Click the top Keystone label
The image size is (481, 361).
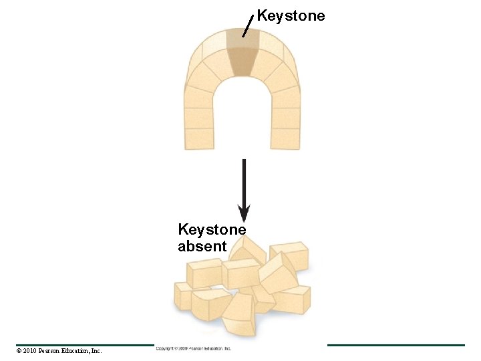tap(291, 15)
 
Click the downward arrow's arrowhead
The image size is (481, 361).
tap(244, 213)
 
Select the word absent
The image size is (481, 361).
tap(202, 246)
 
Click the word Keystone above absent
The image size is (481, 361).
tap(212, 229)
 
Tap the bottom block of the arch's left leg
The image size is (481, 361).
tap(199, 138)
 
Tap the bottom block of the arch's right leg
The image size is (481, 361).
tap(286, 138)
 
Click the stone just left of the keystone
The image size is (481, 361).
tap(215, 53)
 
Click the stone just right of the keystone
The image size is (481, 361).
tap(269, 53)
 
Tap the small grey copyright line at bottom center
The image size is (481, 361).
tap(194, 348)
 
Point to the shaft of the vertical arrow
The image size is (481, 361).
tap(244, 180)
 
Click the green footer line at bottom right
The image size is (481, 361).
tap(395, 345)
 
